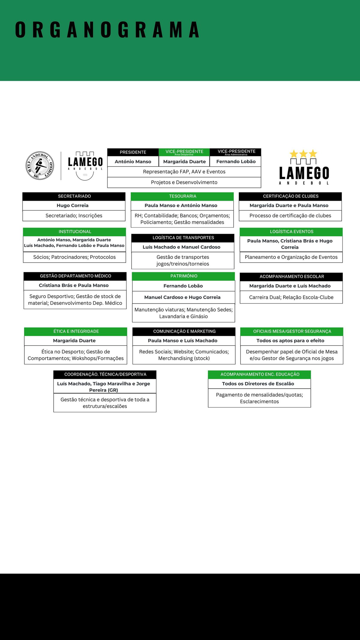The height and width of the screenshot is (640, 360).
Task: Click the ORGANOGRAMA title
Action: [107, 30]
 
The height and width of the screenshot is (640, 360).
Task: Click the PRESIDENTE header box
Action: [133, 152]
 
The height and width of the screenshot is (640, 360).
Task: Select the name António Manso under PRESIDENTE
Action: [133, 161]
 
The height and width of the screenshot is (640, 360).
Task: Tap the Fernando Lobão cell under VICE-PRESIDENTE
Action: [236, 161]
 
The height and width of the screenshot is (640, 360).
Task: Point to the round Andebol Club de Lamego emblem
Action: [40, 165]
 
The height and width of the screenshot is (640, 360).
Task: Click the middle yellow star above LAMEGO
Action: [303, 154]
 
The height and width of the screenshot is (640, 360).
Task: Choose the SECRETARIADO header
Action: [74, 196]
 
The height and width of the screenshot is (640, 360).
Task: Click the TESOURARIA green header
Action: [182, 196]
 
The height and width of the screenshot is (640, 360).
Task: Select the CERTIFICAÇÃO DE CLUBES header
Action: [290, 196]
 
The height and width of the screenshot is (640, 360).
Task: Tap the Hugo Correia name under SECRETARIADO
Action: [73, 206]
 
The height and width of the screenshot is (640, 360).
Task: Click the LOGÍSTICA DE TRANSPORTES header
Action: [183, 238]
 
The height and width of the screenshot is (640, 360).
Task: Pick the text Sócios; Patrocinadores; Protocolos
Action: [74, 257]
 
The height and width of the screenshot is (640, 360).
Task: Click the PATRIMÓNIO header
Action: [184, 276]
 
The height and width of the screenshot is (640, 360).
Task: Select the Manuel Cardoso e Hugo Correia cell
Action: [182, 297]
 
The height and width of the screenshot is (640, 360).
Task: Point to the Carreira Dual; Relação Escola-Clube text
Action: [291, 297]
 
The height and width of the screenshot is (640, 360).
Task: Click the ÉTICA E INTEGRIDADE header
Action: [76, 331]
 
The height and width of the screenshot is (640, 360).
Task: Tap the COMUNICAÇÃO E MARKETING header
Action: [184, 331]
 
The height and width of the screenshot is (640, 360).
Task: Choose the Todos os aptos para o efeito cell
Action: [290, 341]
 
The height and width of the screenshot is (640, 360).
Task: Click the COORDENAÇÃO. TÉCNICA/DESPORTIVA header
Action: [105, 374]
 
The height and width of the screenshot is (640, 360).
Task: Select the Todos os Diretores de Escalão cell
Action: [258, 384]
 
